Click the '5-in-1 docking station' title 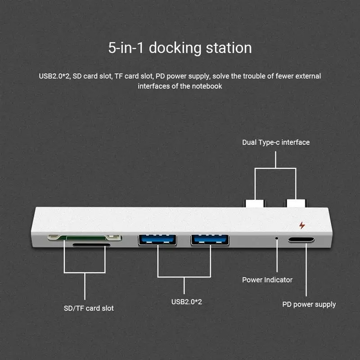(180, 48)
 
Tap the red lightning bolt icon (301, 225)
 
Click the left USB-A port (157, 240)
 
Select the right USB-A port (210, 240)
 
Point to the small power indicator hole (276, 236)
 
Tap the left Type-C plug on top (255, 202)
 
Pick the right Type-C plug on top (296, 202)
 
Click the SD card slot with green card (84, 237)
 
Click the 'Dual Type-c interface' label (276, 142)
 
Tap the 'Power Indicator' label (267, 280)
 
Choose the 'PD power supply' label (309, 305)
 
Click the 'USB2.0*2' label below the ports (186, 301)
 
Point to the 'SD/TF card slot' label (88, 308)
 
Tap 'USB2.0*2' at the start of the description (54, 76)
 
